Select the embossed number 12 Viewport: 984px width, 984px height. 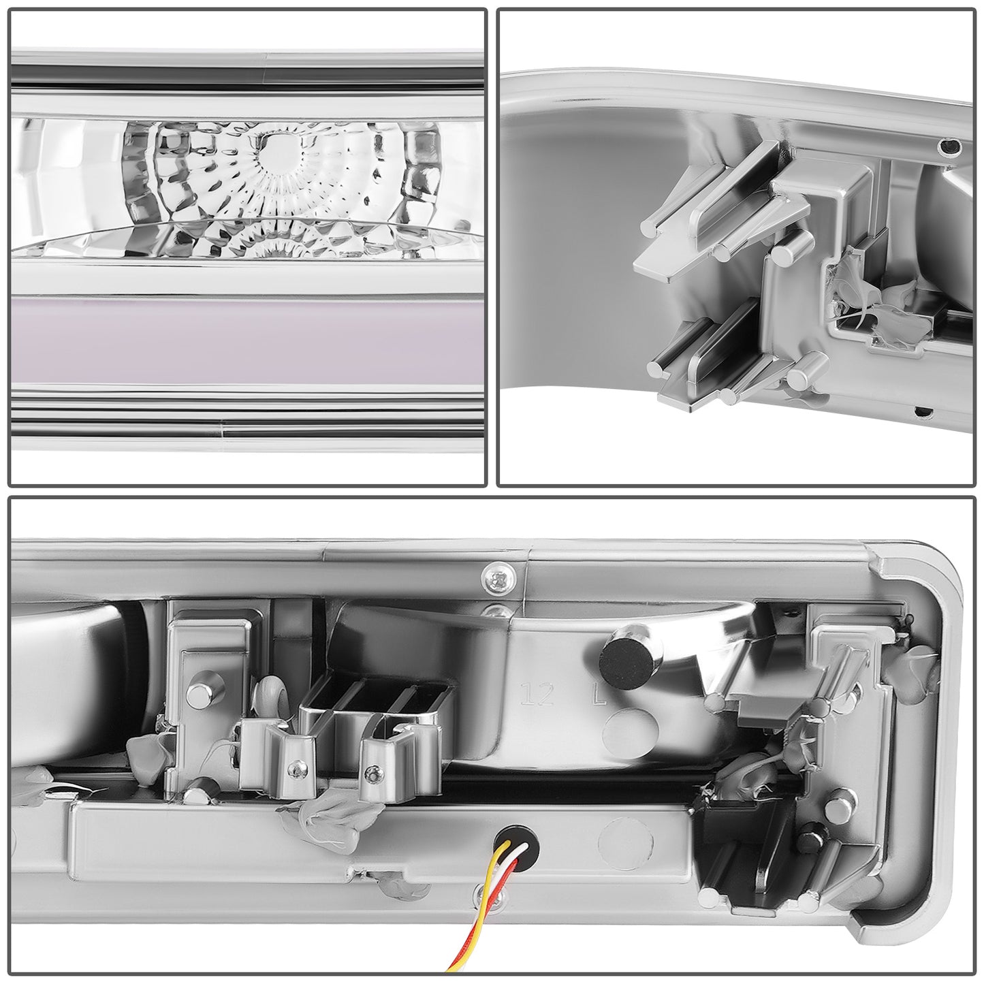(535, 696)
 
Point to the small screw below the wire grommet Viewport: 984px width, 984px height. (483, 891)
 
